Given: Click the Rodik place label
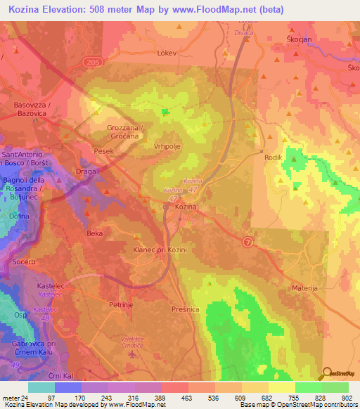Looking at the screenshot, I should (x=273, y=158).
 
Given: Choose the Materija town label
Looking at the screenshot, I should (x=306, y=288).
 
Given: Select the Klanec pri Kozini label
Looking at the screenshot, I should (x=156, y=249).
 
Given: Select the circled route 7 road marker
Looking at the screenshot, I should (x=247, y=242).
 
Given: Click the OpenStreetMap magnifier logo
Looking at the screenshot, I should (x=327, y=373).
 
